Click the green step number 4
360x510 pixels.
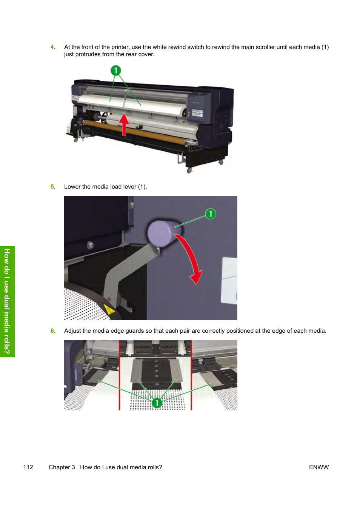pos(53,47)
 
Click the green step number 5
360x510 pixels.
pos(53,187)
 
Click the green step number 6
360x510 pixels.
pos(53,331)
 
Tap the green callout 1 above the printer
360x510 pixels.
pos(116,71)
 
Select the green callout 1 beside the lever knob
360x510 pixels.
pos(211,214)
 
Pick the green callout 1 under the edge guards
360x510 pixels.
pos(157,403)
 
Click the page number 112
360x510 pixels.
pos(28,467)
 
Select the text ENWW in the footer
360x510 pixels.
pos(319,467)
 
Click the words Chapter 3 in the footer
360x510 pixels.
pos(62,467)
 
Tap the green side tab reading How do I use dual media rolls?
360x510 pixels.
pos(7,301)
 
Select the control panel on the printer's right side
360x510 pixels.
pos(197,113)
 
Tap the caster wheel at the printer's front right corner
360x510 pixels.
pos(189,170)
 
